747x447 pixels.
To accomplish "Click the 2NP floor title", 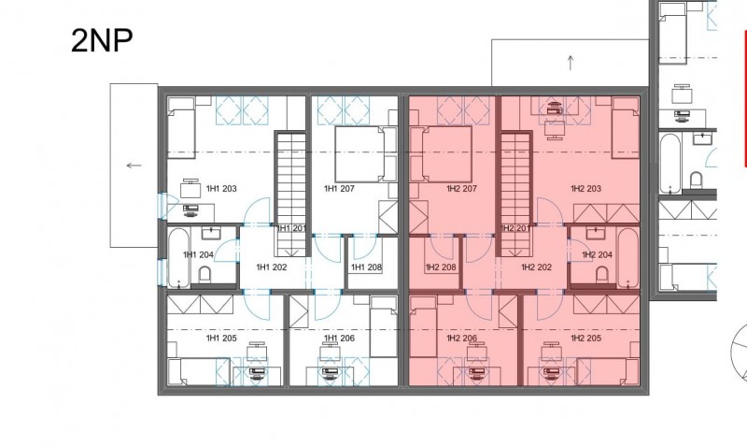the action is pos(102,40).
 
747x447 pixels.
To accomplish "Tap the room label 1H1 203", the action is pos(221,189).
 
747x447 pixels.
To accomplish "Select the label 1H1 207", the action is pos(339,189).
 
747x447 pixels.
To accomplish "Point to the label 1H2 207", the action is pos(461,189).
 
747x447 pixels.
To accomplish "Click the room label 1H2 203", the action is pos(586,189).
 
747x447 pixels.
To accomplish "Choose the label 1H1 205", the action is pos(221,339).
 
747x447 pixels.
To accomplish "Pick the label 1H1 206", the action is pos(339,339).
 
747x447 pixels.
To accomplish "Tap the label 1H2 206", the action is pos(461,339).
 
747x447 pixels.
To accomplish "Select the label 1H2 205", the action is pos(586,339).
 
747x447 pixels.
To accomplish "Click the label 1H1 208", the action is pos(366,267).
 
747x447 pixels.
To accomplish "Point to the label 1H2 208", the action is pos(441,267).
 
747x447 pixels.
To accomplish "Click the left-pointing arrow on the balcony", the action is pos(134,166).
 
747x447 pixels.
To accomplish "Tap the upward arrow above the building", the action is pos(571,63).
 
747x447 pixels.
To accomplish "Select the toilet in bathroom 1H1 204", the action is pos(204,274).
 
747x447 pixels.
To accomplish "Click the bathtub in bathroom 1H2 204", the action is pos(627,258).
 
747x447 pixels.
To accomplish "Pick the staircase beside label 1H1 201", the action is pos(290,194).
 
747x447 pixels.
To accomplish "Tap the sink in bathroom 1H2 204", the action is pos(596,233).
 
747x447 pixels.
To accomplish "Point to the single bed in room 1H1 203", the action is pos(181,127).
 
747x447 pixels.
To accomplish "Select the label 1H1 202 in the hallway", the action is pos(272,267).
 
